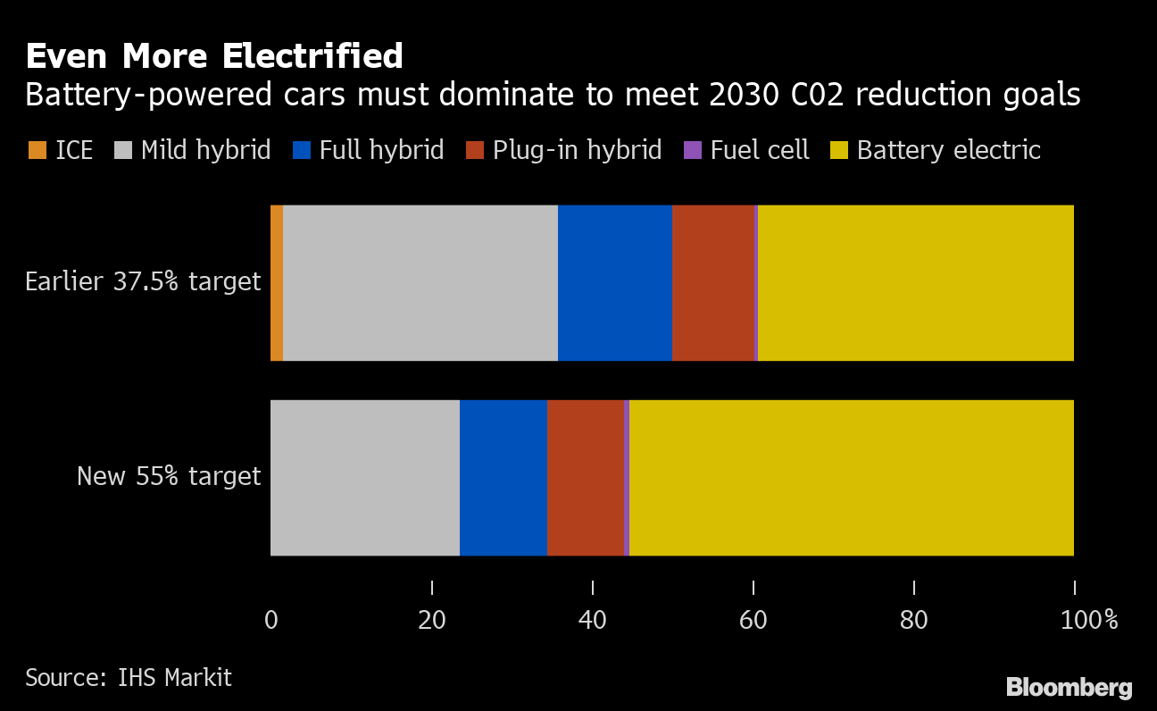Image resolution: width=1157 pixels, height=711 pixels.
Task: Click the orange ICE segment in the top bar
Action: click(277, 283)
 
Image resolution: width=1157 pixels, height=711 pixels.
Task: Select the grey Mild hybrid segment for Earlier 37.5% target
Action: click(420, 283)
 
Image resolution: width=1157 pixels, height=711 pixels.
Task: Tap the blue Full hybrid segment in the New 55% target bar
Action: click(504, 477)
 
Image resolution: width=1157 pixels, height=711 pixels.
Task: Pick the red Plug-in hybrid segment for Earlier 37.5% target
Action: click(712, 283)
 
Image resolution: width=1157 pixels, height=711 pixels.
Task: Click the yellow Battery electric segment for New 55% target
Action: click(851, 477)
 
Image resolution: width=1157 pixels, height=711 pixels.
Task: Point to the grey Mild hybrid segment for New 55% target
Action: click(365, 477)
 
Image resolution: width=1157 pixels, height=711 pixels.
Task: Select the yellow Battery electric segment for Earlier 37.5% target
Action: click(915, 283)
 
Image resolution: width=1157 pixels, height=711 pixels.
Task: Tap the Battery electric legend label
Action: click(948, 150)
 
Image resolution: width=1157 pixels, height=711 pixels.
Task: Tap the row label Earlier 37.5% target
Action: click(143, 282)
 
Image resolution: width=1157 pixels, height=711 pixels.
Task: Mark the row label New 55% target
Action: click(169, 476)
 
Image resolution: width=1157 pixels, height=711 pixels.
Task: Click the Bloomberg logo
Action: click(1069, 687)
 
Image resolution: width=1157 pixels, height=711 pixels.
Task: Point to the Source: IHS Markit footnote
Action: click(129, 678)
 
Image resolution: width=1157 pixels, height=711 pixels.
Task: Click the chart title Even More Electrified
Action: click(214, 56)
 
